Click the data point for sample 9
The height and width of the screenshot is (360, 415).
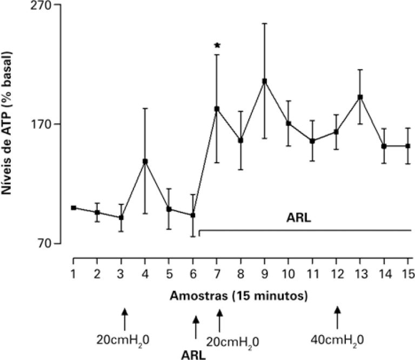[264, 81]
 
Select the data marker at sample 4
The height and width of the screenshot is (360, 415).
[145, 161]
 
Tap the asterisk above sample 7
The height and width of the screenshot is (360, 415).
[217, 45]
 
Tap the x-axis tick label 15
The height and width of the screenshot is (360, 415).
[409, 275]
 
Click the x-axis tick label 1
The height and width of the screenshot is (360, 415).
[73, 275]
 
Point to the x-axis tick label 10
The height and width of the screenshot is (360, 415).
[289, 275]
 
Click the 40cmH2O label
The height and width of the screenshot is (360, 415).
[337, 340]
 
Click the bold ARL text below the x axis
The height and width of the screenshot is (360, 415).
[193, 354]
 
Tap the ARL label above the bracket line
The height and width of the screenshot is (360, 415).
[300, 219]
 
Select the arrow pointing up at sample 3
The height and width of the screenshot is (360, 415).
[125, 318]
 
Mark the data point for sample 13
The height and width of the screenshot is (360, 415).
[359, 97]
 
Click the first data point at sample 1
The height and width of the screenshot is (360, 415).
[73, 208]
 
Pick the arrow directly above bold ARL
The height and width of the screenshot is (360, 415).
[196, 328]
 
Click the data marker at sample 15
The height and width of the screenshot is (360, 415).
[408, 146]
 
